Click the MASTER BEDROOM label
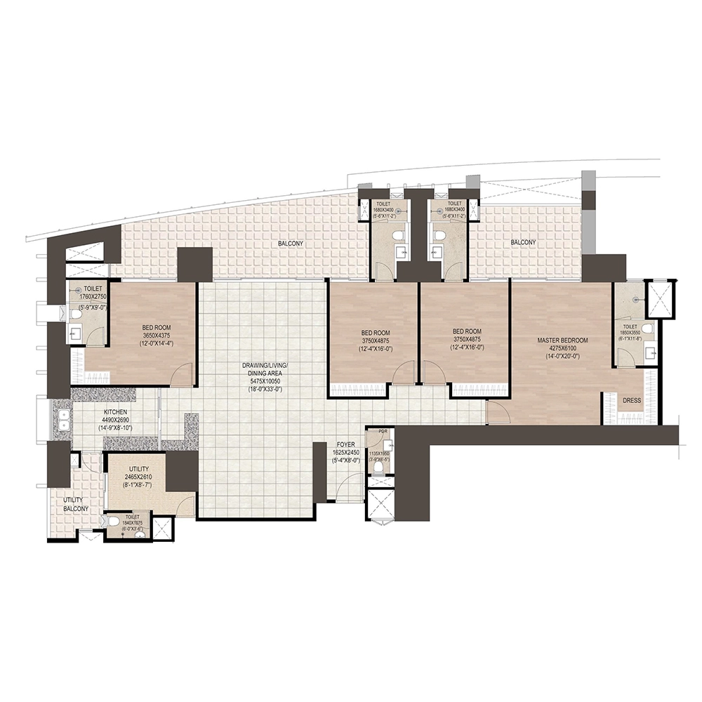click(562, 340)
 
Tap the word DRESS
click(631, 400)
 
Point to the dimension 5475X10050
click(263, 382)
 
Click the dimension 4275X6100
click(562, 347)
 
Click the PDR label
click(383, 433)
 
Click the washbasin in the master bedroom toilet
click(651, 352)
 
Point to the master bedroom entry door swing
click(498, 414)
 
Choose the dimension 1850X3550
click(630, 333)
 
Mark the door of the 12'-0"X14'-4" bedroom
click(183, 376)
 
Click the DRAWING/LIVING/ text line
click(263, 366)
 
